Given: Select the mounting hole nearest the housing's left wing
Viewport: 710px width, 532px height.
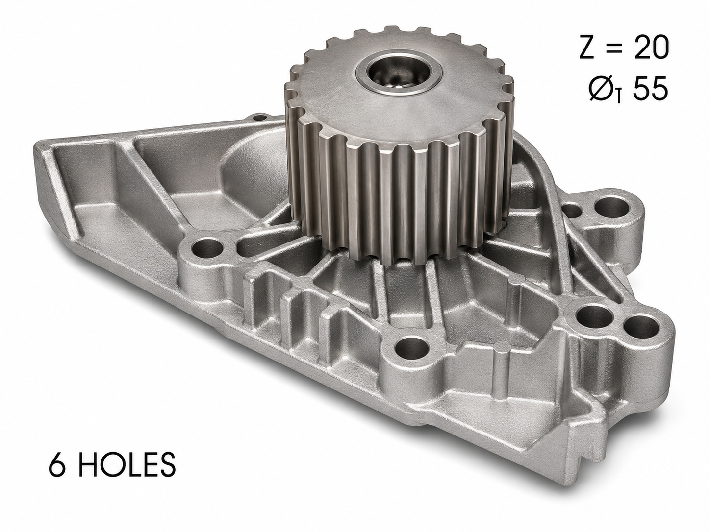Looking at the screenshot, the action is (207, 249).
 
